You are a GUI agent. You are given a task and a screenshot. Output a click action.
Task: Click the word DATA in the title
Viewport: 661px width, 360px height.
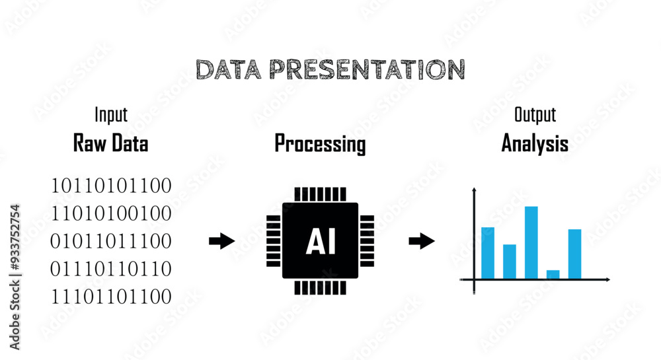228,69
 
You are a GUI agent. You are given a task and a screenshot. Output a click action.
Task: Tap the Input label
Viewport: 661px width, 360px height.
110,115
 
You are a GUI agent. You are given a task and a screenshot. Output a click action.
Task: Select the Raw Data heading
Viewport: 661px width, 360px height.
110,143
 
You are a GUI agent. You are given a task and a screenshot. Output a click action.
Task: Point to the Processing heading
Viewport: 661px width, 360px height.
320,143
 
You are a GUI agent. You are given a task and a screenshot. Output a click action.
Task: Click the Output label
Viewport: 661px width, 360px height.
535,115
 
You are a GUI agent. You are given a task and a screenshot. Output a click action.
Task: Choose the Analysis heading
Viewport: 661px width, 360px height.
535,143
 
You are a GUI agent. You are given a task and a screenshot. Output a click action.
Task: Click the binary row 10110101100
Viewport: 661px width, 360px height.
111,186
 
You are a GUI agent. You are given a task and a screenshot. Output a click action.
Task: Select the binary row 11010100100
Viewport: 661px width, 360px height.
111,213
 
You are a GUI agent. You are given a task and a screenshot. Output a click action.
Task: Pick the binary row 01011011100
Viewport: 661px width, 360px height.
111,240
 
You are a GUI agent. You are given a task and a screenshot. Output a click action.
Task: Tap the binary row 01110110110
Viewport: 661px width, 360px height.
111,269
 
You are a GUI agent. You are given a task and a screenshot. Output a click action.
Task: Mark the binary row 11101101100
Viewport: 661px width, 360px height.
111,297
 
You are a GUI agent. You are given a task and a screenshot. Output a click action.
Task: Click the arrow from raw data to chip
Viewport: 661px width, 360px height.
222,241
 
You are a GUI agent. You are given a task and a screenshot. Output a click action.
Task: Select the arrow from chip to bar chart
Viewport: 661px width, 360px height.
422,241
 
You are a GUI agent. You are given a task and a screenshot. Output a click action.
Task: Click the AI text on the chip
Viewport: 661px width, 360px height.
321,242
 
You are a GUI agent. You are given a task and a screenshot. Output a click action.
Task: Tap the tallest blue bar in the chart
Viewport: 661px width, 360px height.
531,242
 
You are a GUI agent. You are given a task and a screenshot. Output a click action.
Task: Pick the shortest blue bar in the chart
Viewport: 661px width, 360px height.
553,274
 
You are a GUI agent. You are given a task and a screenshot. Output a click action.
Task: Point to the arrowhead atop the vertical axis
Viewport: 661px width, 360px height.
474,192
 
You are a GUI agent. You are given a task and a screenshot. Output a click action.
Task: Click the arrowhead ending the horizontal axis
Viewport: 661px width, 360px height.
606,279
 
